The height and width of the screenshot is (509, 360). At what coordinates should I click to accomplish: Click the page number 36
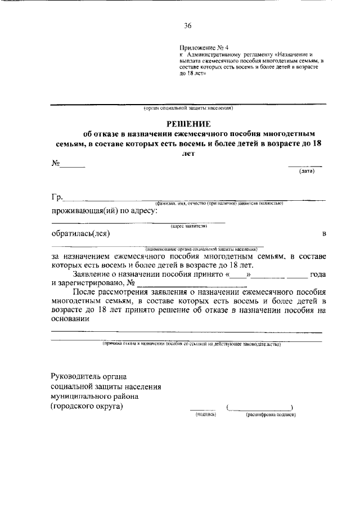[188, 25]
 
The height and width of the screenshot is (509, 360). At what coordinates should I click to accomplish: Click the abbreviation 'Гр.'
[57, 197]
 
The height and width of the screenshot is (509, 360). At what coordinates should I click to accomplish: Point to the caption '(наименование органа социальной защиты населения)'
[201, 247]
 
